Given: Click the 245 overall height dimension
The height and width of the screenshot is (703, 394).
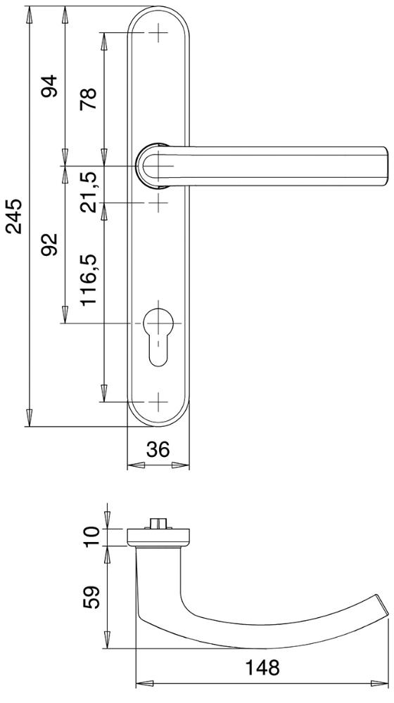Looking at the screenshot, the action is pyautogui.click(x=15, y=216).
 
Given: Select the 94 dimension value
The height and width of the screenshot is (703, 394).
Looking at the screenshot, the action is pyautogui.click(x=50, y=86).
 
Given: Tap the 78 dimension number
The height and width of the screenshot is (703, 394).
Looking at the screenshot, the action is pyautogui.click(x=89, y=99).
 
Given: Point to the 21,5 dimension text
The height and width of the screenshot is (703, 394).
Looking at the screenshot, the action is pyautogui.click(x=89, y=191).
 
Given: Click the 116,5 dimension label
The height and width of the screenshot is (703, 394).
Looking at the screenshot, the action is pyautogui.click(x=89, y=279).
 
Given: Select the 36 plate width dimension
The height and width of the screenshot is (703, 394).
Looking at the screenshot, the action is pyautogui.click(x=158, y=449).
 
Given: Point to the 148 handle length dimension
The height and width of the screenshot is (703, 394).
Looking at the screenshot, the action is pyautogui.click(x=262, y=668).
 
